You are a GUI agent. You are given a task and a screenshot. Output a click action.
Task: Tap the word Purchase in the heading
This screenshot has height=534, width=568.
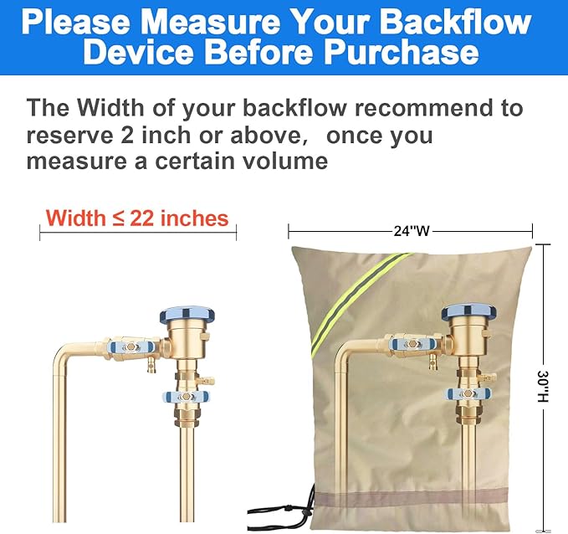tap(400, 54)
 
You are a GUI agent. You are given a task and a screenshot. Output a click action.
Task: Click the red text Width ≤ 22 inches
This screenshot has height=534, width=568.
tap(137, 218)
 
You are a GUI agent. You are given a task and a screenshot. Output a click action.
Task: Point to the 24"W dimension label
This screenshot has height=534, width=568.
tap(411, 231)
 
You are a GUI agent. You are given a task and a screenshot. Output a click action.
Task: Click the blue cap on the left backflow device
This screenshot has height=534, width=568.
tap(187, 316)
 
